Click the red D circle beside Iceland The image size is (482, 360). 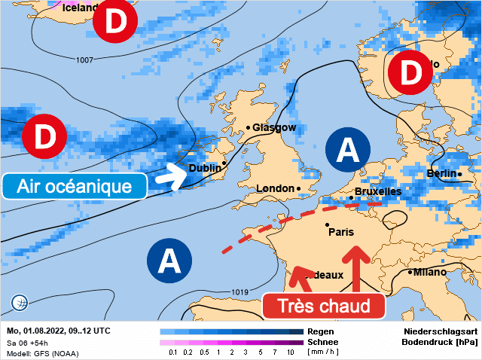115,23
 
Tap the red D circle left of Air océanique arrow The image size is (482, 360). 44,137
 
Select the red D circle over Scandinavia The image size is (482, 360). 410,74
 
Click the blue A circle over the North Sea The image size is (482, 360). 347,149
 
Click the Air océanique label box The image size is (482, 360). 73,185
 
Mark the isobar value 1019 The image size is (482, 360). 239,292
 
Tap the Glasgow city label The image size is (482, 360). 274,128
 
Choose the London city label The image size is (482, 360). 276,188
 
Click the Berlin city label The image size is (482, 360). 442,174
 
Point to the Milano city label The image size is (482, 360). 430,272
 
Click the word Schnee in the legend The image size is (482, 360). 322,341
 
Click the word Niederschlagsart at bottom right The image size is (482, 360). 440,331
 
